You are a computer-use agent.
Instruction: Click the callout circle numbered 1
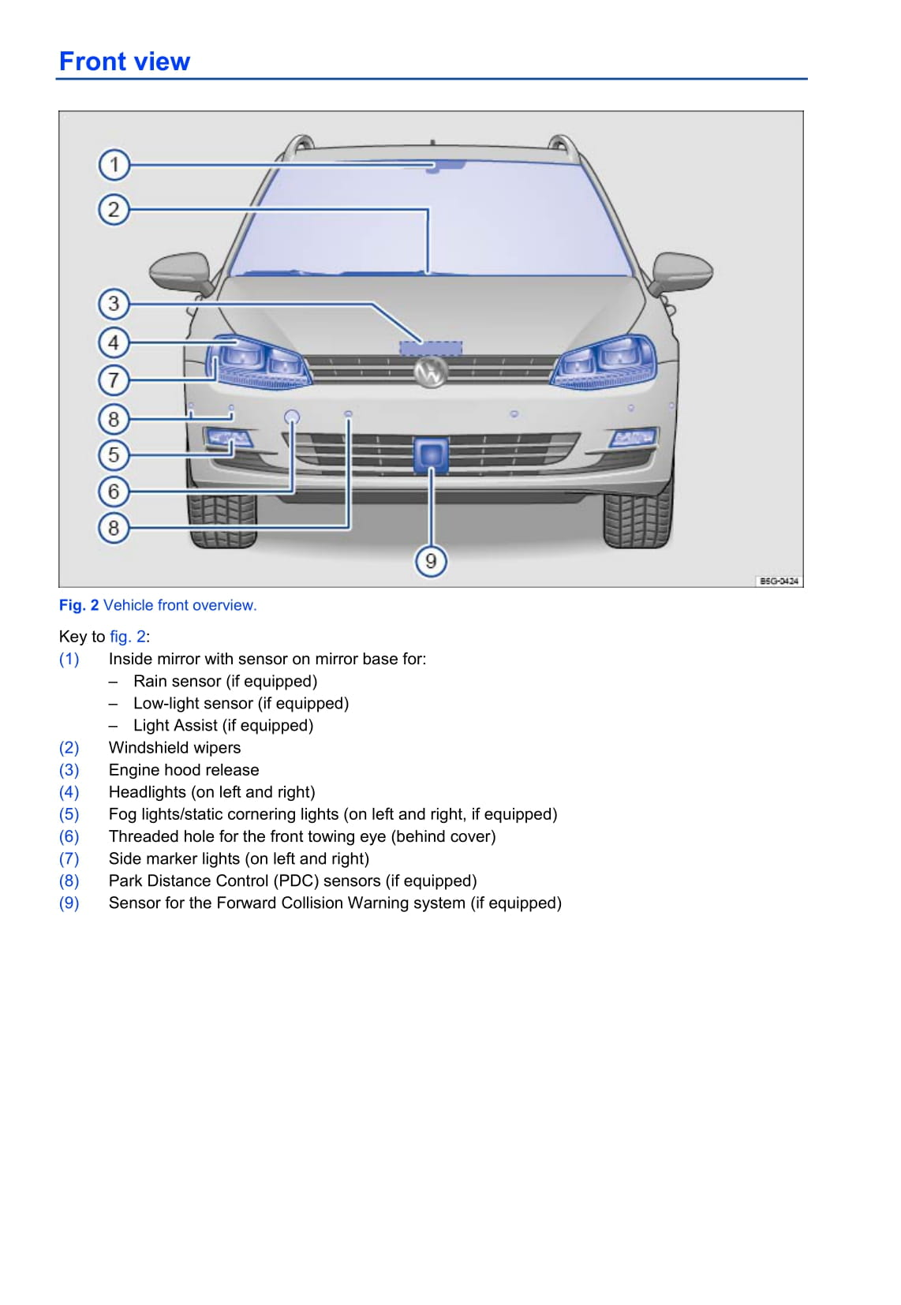(114, 165)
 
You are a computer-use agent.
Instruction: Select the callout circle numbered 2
(114, 209)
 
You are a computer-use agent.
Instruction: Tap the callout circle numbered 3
(114, 303)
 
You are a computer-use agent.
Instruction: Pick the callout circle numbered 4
(114, 342)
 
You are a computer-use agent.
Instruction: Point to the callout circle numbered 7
(114, 380)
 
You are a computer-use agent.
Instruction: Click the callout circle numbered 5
(114, 454)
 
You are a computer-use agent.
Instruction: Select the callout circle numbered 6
(114, 491)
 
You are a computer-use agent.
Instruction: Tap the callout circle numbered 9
(431, 561)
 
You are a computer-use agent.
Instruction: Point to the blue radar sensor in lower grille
(431, 454)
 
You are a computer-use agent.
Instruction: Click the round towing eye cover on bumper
(292, 417)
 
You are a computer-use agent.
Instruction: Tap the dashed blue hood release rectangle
(431, 348)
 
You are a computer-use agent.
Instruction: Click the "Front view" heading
(125, 62)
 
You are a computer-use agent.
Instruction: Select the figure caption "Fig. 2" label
(79, 605)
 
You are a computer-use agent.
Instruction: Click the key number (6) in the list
(69, 836)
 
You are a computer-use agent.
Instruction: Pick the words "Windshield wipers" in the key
(174, 748)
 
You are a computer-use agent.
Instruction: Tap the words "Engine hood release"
(184, 770)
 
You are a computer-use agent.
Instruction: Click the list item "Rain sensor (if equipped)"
(225, 682)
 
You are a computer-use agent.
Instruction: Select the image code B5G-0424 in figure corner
(778, 581)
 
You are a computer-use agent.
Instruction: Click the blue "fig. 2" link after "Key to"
(127, 637)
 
